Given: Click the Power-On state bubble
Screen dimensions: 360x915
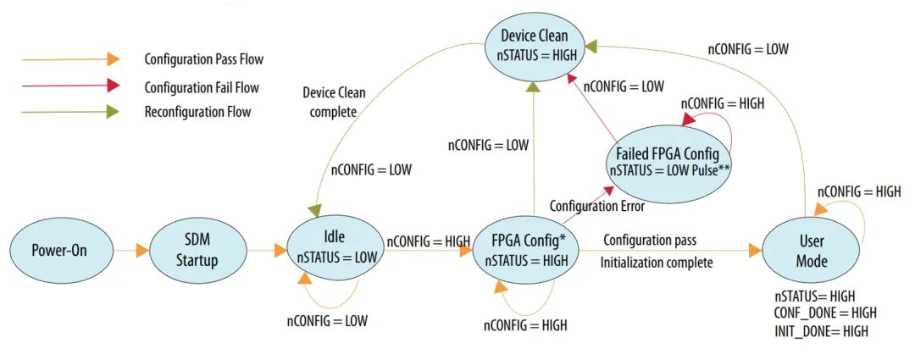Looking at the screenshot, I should point(59,252).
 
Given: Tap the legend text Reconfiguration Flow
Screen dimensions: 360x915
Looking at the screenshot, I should point(197,112).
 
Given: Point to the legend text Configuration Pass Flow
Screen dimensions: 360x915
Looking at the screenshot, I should point(203,59).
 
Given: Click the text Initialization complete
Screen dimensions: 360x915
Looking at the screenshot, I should point(657,263).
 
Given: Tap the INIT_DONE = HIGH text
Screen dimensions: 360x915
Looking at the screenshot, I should point(821,331).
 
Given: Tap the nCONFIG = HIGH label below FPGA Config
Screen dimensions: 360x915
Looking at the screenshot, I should point(526,324).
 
